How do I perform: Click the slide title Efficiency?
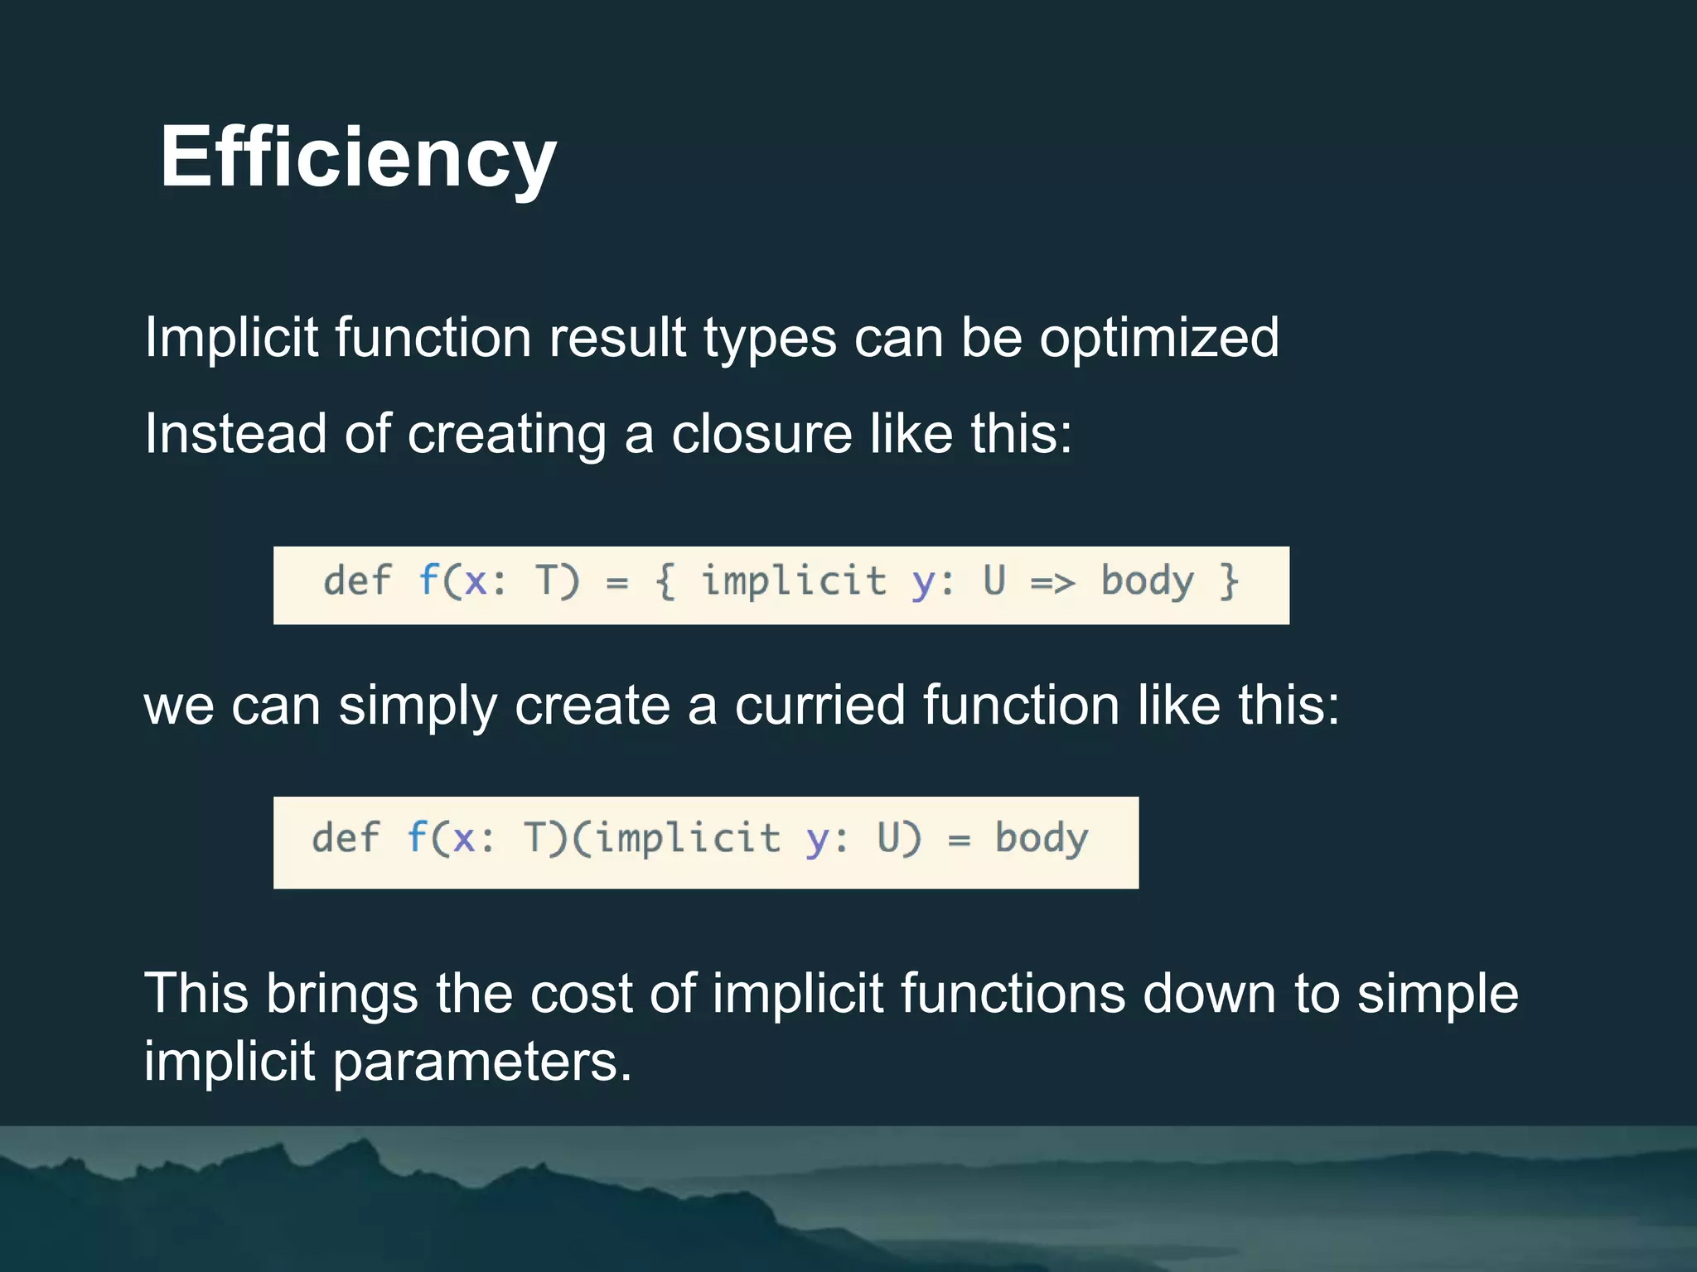358,157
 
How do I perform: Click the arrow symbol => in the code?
1052,582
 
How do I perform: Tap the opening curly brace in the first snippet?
665,581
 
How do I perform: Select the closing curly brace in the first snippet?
1229,581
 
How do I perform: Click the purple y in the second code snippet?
816,841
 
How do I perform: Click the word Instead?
235,434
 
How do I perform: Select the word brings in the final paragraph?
341,993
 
